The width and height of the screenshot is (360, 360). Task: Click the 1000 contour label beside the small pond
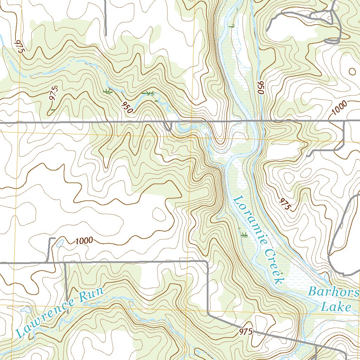(84, 241)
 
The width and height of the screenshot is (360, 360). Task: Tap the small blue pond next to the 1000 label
(60, 243)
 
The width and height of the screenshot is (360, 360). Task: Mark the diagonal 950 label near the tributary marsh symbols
(127, 107)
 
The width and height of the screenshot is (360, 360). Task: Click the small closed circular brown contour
(352, 71)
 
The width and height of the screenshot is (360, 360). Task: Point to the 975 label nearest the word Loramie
(284, 204)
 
